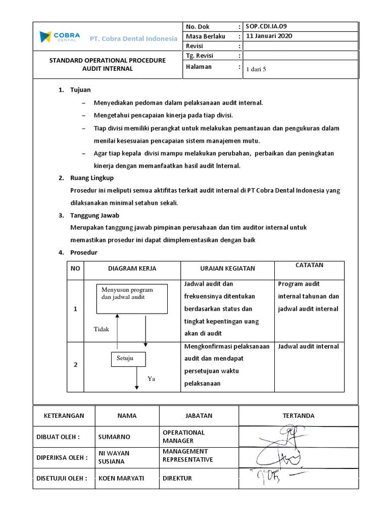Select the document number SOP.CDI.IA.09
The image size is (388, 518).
click(x=268, y=26)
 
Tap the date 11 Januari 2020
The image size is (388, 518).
click(x=269, y=36)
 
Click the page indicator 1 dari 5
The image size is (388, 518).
click(x=256, y=70)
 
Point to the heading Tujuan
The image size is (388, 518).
click(x=80, y=90)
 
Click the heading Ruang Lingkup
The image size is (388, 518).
click(x=91, y=178)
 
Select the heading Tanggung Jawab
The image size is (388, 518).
click(x=94, y=215)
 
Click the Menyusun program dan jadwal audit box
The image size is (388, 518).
click(x=131, y=299)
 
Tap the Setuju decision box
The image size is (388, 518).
click(x=128, y=359)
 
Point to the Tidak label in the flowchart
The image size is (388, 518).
click(x=102, y=329)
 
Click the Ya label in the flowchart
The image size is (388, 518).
click(x=151, y=378)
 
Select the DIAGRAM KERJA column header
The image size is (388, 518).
click(x=132, y=269)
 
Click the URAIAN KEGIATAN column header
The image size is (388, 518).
click(x=227, y=269)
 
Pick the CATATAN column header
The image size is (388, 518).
click(x=309, y=266)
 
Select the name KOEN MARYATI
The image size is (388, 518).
click(x=118, y=478)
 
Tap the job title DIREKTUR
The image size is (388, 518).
click(x=177, y=478)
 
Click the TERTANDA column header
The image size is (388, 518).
click(x=298, y=416)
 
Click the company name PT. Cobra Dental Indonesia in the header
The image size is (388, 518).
click(x=133, y=39)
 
